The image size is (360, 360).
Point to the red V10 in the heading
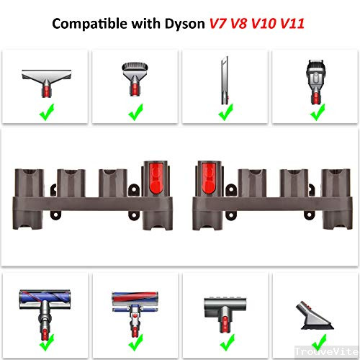click(262, 23)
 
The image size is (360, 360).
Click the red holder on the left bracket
click(156, 179)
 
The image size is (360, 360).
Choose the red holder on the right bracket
click(205, 179)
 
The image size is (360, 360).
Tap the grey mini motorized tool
click(225, 302)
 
